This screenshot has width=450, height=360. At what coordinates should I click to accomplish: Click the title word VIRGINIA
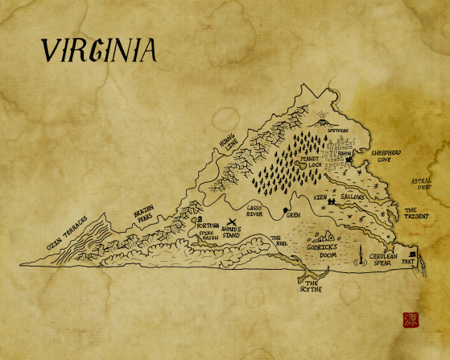(x=98, y=51)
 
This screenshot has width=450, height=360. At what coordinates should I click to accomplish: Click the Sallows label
(x=352, y=197)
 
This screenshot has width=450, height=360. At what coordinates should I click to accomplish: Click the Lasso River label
(x=255, y=211)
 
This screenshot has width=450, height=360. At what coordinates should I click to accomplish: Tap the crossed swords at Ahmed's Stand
(x=233, y=221)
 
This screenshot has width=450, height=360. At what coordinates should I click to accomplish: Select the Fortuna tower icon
(x=200, y=218)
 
